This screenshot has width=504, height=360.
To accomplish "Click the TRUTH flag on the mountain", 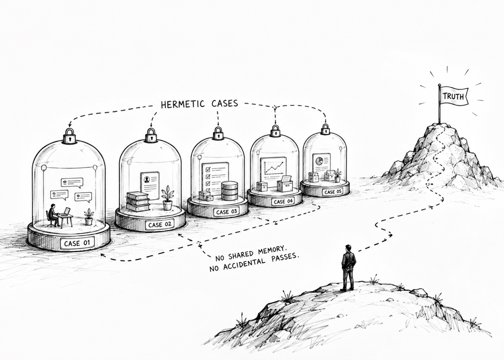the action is click(x=454, y=96).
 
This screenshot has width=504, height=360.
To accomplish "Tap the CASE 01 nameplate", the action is click(x=77, y=243).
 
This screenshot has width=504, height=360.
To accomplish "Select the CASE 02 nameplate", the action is click(x=160, y=224).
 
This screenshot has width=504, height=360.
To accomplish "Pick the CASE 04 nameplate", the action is click(x=283, y=201).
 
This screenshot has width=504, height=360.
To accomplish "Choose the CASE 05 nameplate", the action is click(x=333, y=192).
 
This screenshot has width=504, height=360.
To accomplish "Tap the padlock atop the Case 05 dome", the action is click(x=325, y=129).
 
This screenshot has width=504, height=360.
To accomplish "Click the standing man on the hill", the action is click(x=348, y=268).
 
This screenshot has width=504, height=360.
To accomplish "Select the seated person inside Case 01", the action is click(x=52, y=215).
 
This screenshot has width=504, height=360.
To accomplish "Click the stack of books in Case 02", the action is click(x=138, y=202).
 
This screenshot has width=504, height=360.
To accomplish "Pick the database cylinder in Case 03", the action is click(x=229, y=191).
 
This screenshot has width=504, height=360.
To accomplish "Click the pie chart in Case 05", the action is click(x=319, y=161).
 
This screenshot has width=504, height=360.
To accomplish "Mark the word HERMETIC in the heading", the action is click(x=183, y=104).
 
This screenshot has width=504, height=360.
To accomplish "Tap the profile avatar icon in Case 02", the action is click(x=147, y=179).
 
